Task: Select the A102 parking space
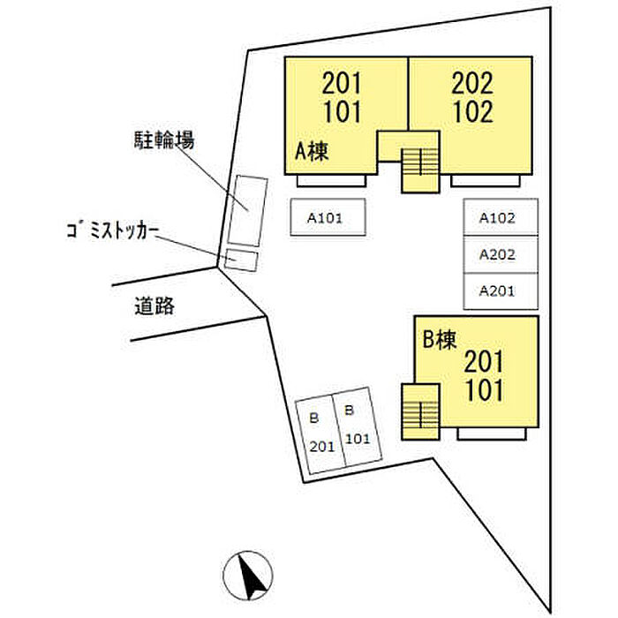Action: point(501,216)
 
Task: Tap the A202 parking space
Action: point(501,253)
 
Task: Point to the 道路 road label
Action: point(155,306)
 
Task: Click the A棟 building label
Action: point(312,153)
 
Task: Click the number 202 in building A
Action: point(471,84)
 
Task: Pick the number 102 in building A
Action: point(471,112)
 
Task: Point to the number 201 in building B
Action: point(484,362)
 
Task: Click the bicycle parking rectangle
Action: point(247,210)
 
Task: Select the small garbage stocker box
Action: point(241,260)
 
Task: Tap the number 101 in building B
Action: point(484,389)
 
